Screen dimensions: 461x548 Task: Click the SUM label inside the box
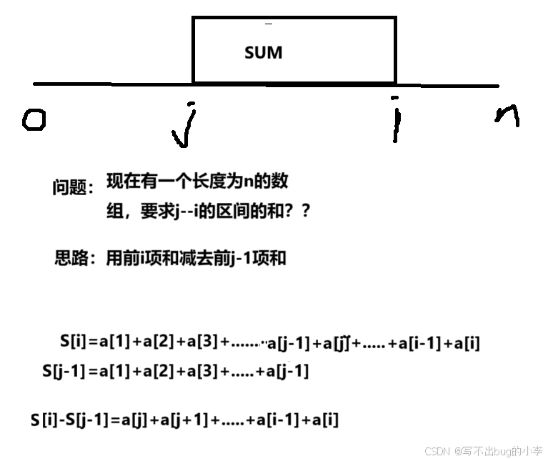click(263, 53)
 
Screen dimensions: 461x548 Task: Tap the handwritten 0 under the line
click(34, 119)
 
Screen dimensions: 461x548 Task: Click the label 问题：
click(73, 188)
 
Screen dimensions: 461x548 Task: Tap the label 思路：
click(75, 258)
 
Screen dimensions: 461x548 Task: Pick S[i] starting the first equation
click(74, 342)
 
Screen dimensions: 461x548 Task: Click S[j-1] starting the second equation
click(64, 372)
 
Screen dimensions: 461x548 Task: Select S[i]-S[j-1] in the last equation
click(69, 420)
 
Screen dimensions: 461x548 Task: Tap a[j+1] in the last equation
click(184, 420)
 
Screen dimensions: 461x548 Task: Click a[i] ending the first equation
click(462, 343)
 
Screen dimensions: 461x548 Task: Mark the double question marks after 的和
click(301, 212)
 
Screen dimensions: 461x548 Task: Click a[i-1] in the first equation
click(418, 343)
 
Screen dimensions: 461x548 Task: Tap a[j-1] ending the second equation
click(287, 372)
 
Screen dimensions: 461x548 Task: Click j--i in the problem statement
click(184, 212)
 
